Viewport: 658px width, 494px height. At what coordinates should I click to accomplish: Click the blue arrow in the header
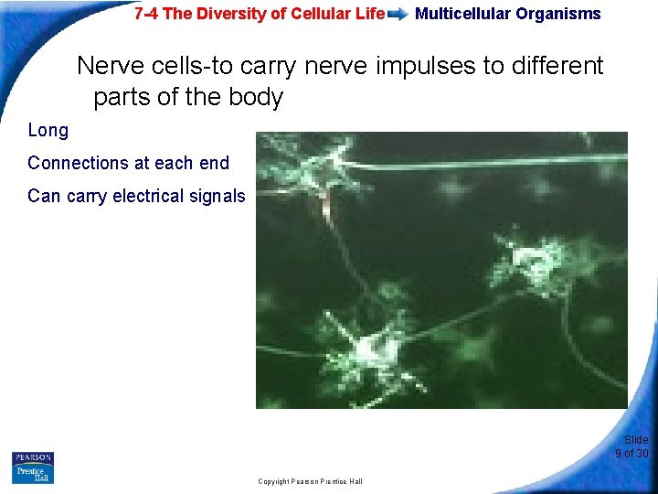[398, 15]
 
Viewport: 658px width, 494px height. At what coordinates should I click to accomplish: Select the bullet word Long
[48, 130]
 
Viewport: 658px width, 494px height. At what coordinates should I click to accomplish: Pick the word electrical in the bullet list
[149, 196]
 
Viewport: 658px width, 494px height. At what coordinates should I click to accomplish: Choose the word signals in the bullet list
[217, 196]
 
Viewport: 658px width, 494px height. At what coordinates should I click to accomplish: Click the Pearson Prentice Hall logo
[33, 467]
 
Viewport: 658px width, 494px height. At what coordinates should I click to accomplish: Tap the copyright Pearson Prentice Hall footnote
[310, 481]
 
